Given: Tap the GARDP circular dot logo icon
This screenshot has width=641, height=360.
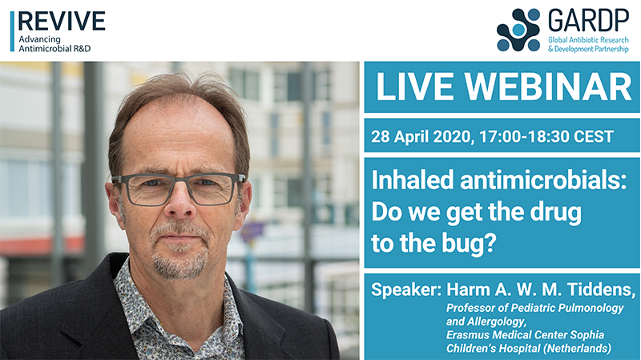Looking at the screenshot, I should point(518,30).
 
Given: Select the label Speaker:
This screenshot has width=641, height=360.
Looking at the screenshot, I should point(406,287).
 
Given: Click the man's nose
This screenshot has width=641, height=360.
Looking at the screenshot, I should point(177,210).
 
